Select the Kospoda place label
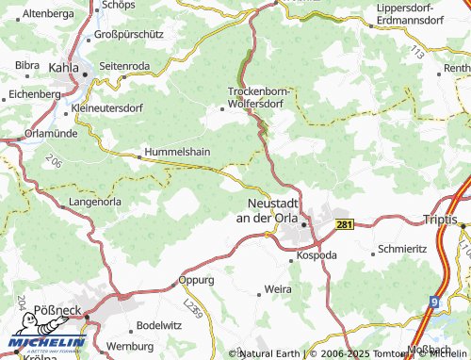click(x=317, y=255)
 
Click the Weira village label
click(x=278, y=288)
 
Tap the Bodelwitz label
click(x=158, y=325)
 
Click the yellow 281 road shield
click(x=345, y=224)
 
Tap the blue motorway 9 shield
click(x=432, y=303)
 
